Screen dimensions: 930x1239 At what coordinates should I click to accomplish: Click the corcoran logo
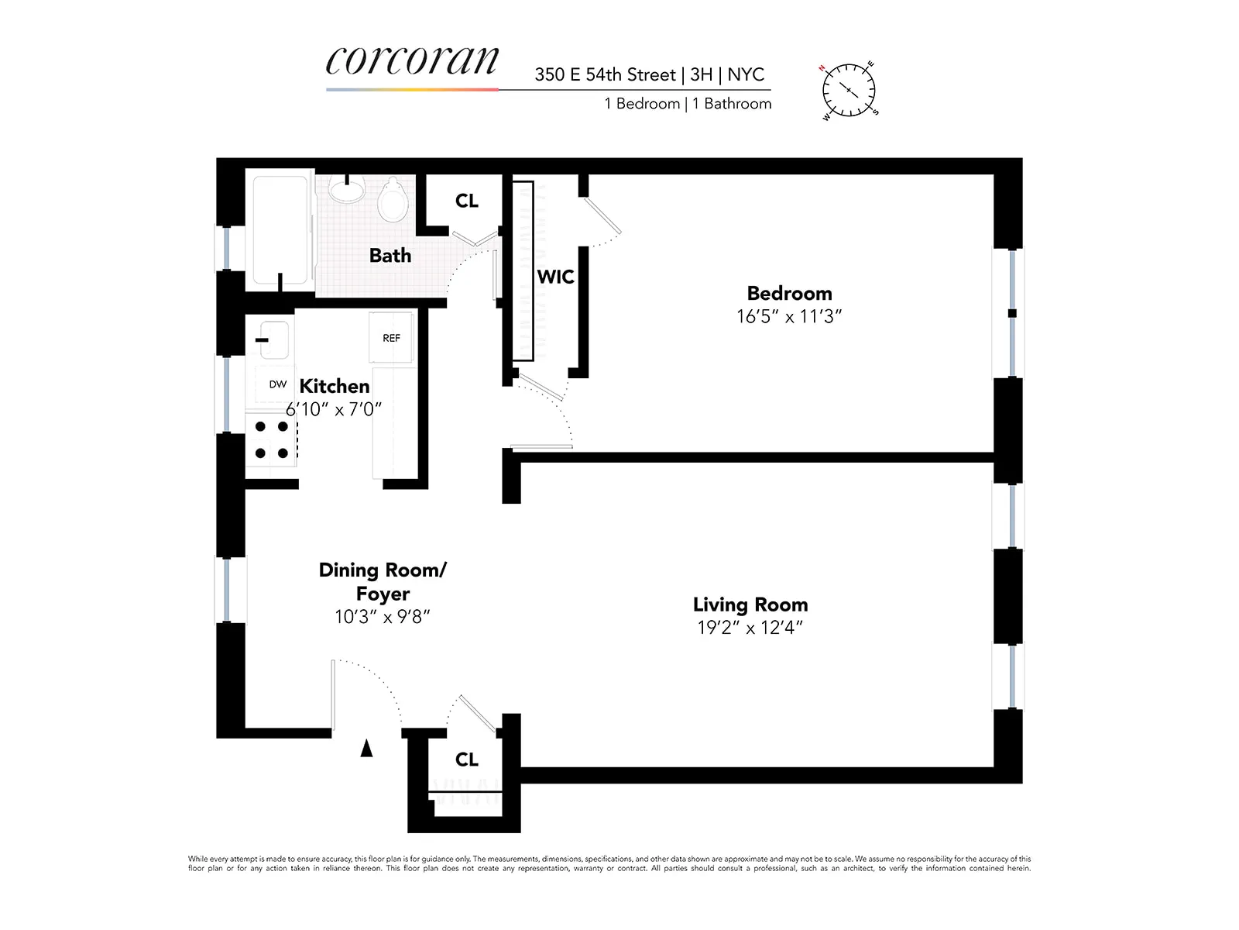pyautogui.click(x=412, y=60)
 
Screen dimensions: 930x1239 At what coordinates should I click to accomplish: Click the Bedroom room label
pyautogui.click(x=789, y=293)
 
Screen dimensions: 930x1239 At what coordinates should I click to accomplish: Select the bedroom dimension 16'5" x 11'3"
pyautogui.click(x=789, y=316)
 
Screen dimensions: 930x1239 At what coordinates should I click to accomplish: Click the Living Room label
pyautogui.click(x=750, y=604)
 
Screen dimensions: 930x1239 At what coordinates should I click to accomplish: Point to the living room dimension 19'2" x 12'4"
pyautogui.click(x=750, y=628)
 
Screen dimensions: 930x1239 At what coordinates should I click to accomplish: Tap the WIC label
pyautogui.click(x=555, y=277)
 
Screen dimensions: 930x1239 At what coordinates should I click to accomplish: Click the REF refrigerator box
pyautogui.click(x=391, y=338)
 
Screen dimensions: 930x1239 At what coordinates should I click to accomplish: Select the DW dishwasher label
pyautogui.click(x=277, y=384)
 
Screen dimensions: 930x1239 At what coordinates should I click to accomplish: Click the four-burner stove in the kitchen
pyautogui.click(x=271, y=439)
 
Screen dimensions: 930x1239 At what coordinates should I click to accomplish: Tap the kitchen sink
pyautogui.click(x=273, y=339)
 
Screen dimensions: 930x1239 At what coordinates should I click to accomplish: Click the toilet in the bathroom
pyautogui.click(x=393, y=200)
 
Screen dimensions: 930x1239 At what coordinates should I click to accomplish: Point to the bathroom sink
pyautogui.click(x=346, y=188)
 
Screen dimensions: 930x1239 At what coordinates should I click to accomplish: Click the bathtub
pyautogui.click(x=280, y=229)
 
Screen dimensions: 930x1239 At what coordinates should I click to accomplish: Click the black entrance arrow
pyautogui.click(x=367, y=748)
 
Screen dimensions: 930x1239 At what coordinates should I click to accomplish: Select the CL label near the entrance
pyautogui.click(x=466, y=759)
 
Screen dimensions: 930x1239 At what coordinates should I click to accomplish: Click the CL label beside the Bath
pyautogui.click(x=466, y=201)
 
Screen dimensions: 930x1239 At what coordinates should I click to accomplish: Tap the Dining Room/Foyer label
pyautogui.click(x=383, y=581)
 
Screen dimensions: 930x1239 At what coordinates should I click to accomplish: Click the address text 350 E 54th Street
pyautogui.click(x=605, y=75)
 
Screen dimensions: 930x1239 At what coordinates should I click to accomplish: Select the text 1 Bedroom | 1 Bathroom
pyautogui.click(x=688, y=104)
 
